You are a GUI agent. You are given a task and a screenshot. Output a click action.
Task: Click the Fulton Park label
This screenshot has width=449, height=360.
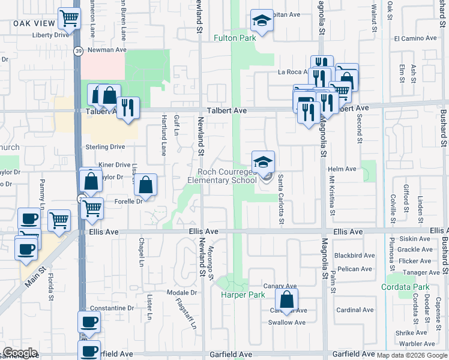click(235, 38)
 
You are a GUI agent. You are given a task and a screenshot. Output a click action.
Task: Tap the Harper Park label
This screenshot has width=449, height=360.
click(243, 295)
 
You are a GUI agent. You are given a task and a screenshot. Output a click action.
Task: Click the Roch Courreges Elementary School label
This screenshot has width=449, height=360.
click(222, 176)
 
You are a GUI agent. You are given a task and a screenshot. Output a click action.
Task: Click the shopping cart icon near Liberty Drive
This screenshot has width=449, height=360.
click(70, 19)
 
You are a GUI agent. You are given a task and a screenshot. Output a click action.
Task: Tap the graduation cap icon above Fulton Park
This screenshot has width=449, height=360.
click(262, 21)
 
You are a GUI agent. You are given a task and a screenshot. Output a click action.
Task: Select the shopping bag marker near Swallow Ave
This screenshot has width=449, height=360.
click(287, 299)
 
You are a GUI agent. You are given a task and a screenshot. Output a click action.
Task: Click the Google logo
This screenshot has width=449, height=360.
click(20, 353)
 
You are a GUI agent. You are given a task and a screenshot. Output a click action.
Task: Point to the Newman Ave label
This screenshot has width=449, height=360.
click(107, 50)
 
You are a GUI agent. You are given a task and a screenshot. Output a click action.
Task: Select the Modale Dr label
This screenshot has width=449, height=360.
click(182, 293)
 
